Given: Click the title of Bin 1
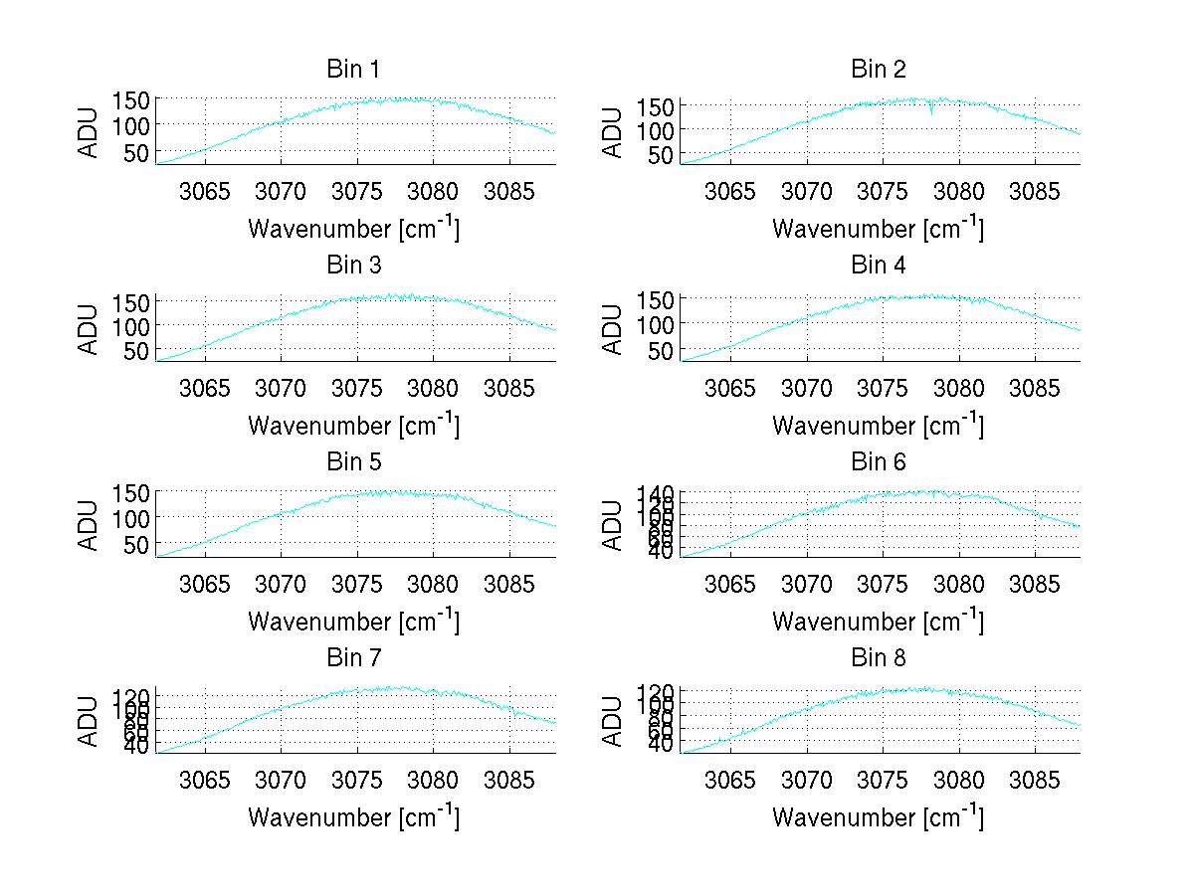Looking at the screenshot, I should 353,70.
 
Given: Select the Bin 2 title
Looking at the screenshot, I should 879,70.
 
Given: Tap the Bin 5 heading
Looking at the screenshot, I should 353,462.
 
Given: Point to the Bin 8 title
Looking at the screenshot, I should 879,658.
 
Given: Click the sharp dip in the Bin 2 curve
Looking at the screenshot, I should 931,112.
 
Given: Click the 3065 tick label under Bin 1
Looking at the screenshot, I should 206,191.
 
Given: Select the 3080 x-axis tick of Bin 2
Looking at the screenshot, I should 959,191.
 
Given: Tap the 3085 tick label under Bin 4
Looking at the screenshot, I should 1035,387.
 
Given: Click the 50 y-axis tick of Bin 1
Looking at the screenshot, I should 136,152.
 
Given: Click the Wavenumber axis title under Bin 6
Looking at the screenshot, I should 879,622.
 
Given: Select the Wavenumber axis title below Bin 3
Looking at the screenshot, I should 353,426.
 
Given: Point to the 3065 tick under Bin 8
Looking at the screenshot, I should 730,780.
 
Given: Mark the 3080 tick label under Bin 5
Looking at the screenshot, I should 434,583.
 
